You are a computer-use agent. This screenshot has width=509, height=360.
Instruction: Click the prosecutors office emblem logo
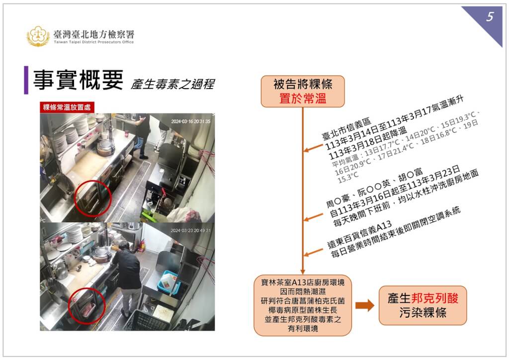(38, 36)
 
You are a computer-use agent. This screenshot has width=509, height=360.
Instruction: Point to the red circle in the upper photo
(93, 198)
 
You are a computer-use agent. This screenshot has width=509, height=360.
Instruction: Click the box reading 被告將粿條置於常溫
(303, 91)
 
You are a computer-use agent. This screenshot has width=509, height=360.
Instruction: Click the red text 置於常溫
(303, 98)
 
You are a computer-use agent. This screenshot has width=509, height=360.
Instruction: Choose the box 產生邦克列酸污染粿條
(423, 305)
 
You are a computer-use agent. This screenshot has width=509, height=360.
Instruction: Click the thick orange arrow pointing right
(365, 306)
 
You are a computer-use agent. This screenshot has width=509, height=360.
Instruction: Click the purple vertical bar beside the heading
(26, 80)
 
